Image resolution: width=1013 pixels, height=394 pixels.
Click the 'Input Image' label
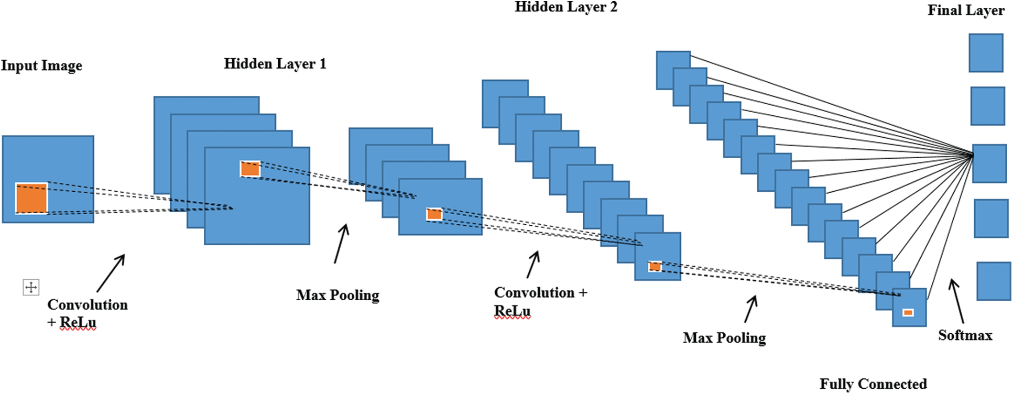tap(41, 66)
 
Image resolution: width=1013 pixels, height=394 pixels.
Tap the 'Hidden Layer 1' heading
tap(275, 64)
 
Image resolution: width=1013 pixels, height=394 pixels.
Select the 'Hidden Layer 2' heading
tap(565, 7)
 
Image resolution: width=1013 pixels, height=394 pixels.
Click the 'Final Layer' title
tap(965, 10)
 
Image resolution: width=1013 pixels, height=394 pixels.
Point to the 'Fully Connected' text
tap(873, 384)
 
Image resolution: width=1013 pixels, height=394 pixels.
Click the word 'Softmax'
tap(965, 335)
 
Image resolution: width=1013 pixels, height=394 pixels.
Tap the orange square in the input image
tap(31, 198)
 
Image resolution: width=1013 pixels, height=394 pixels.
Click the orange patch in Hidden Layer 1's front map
tap(250, 169)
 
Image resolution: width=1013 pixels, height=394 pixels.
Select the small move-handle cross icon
tap(31, 287)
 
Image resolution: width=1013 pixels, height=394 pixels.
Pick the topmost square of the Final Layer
tap(985, 53)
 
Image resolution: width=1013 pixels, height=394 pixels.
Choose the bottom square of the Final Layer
tap(993, 281)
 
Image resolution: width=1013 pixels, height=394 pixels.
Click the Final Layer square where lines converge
tap(989, 163)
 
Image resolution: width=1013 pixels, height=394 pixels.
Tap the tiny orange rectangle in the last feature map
tap(908, 313)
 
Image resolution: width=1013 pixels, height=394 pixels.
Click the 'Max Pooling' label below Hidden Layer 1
tap(337, 295)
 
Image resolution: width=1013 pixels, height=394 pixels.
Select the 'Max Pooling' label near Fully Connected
tap(724, 338)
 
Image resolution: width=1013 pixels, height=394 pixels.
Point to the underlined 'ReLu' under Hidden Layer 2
tap(512, 311)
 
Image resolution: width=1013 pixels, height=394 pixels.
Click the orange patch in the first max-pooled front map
tap(434, 214)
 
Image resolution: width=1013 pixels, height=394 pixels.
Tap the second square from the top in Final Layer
tap(987, 106)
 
